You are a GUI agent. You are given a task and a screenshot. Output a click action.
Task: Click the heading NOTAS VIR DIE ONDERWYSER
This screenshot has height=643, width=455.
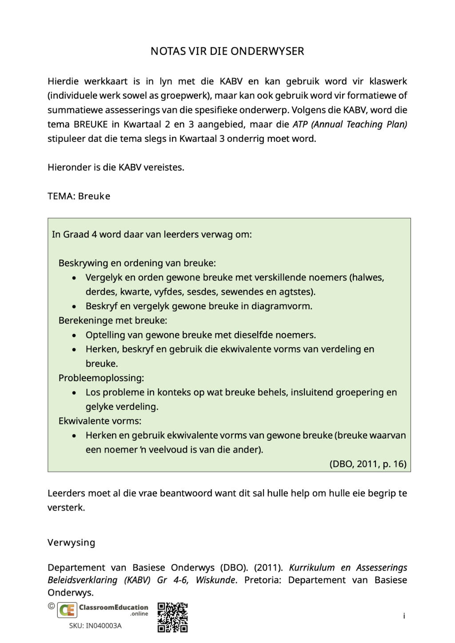pyautogui.click(x=227, y=51)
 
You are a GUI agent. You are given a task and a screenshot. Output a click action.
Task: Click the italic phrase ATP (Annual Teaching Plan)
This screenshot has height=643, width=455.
pyautogui.click(x=350, y=124)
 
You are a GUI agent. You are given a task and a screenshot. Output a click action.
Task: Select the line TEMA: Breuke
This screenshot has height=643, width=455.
pyautogui.click(x=79, y=196)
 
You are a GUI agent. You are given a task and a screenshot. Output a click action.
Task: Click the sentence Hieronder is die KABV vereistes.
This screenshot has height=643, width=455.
pyautogui.click(x=116, y=168)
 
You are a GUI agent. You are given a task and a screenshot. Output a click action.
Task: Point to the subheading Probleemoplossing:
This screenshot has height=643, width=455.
pyautogui.click(x=101, y=378)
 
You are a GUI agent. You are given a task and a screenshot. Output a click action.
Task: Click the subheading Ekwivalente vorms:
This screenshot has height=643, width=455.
pyautogui.click(x=100, y=421)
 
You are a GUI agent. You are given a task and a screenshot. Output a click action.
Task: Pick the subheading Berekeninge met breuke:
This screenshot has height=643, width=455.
pyautogui.click(x=113, y=320)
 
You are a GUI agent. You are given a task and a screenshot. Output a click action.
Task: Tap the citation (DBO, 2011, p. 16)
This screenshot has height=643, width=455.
pyautogui.click(x=367, y=464)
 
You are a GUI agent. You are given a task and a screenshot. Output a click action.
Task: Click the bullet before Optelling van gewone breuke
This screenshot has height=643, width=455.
pyautogui.click(x=74, y=335)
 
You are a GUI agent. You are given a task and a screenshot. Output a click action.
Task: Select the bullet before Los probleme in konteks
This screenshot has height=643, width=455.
pyautogui.click(x=74, y=393)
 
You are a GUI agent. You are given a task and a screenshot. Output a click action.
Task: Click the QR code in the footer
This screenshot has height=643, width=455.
pyautogui.click(x=172, y=617)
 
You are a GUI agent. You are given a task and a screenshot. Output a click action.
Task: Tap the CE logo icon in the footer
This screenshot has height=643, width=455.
pyautogui.click(x=67, y=610)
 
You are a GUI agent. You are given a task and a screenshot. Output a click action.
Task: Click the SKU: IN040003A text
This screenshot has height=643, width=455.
pyautogui.click(x=95, y=626)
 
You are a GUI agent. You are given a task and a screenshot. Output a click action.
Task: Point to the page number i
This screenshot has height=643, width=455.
pyautogui.click(x=404, y=616)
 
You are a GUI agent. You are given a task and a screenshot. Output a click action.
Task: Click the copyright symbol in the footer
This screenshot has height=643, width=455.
pyautogui.click(x=52, y=606)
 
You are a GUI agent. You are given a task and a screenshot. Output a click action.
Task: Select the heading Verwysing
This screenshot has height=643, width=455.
pyautogui.click(x=71, y=543)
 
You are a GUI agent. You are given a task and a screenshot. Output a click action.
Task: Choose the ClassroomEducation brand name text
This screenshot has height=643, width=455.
pyautogui.click(x=113, y=607)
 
